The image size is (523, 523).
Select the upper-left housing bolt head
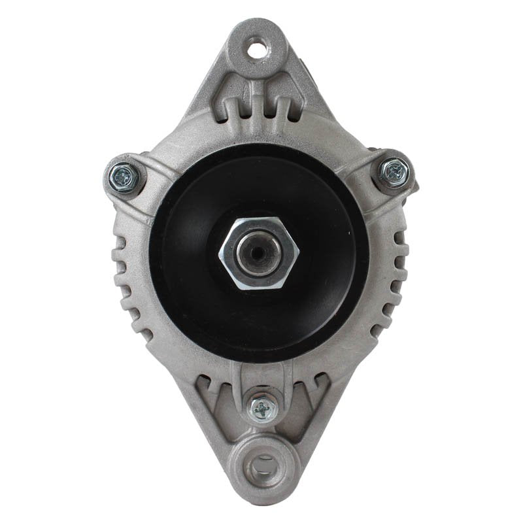click(122, 175)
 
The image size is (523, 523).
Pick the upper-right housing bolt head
click(394, 171)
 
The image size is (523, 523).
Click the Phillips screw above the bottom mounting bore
click(263, 409)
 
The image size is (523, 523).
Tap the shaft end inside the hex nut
click(259, 252)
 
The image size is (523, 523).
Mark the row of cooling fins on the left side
click(131, 281)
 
